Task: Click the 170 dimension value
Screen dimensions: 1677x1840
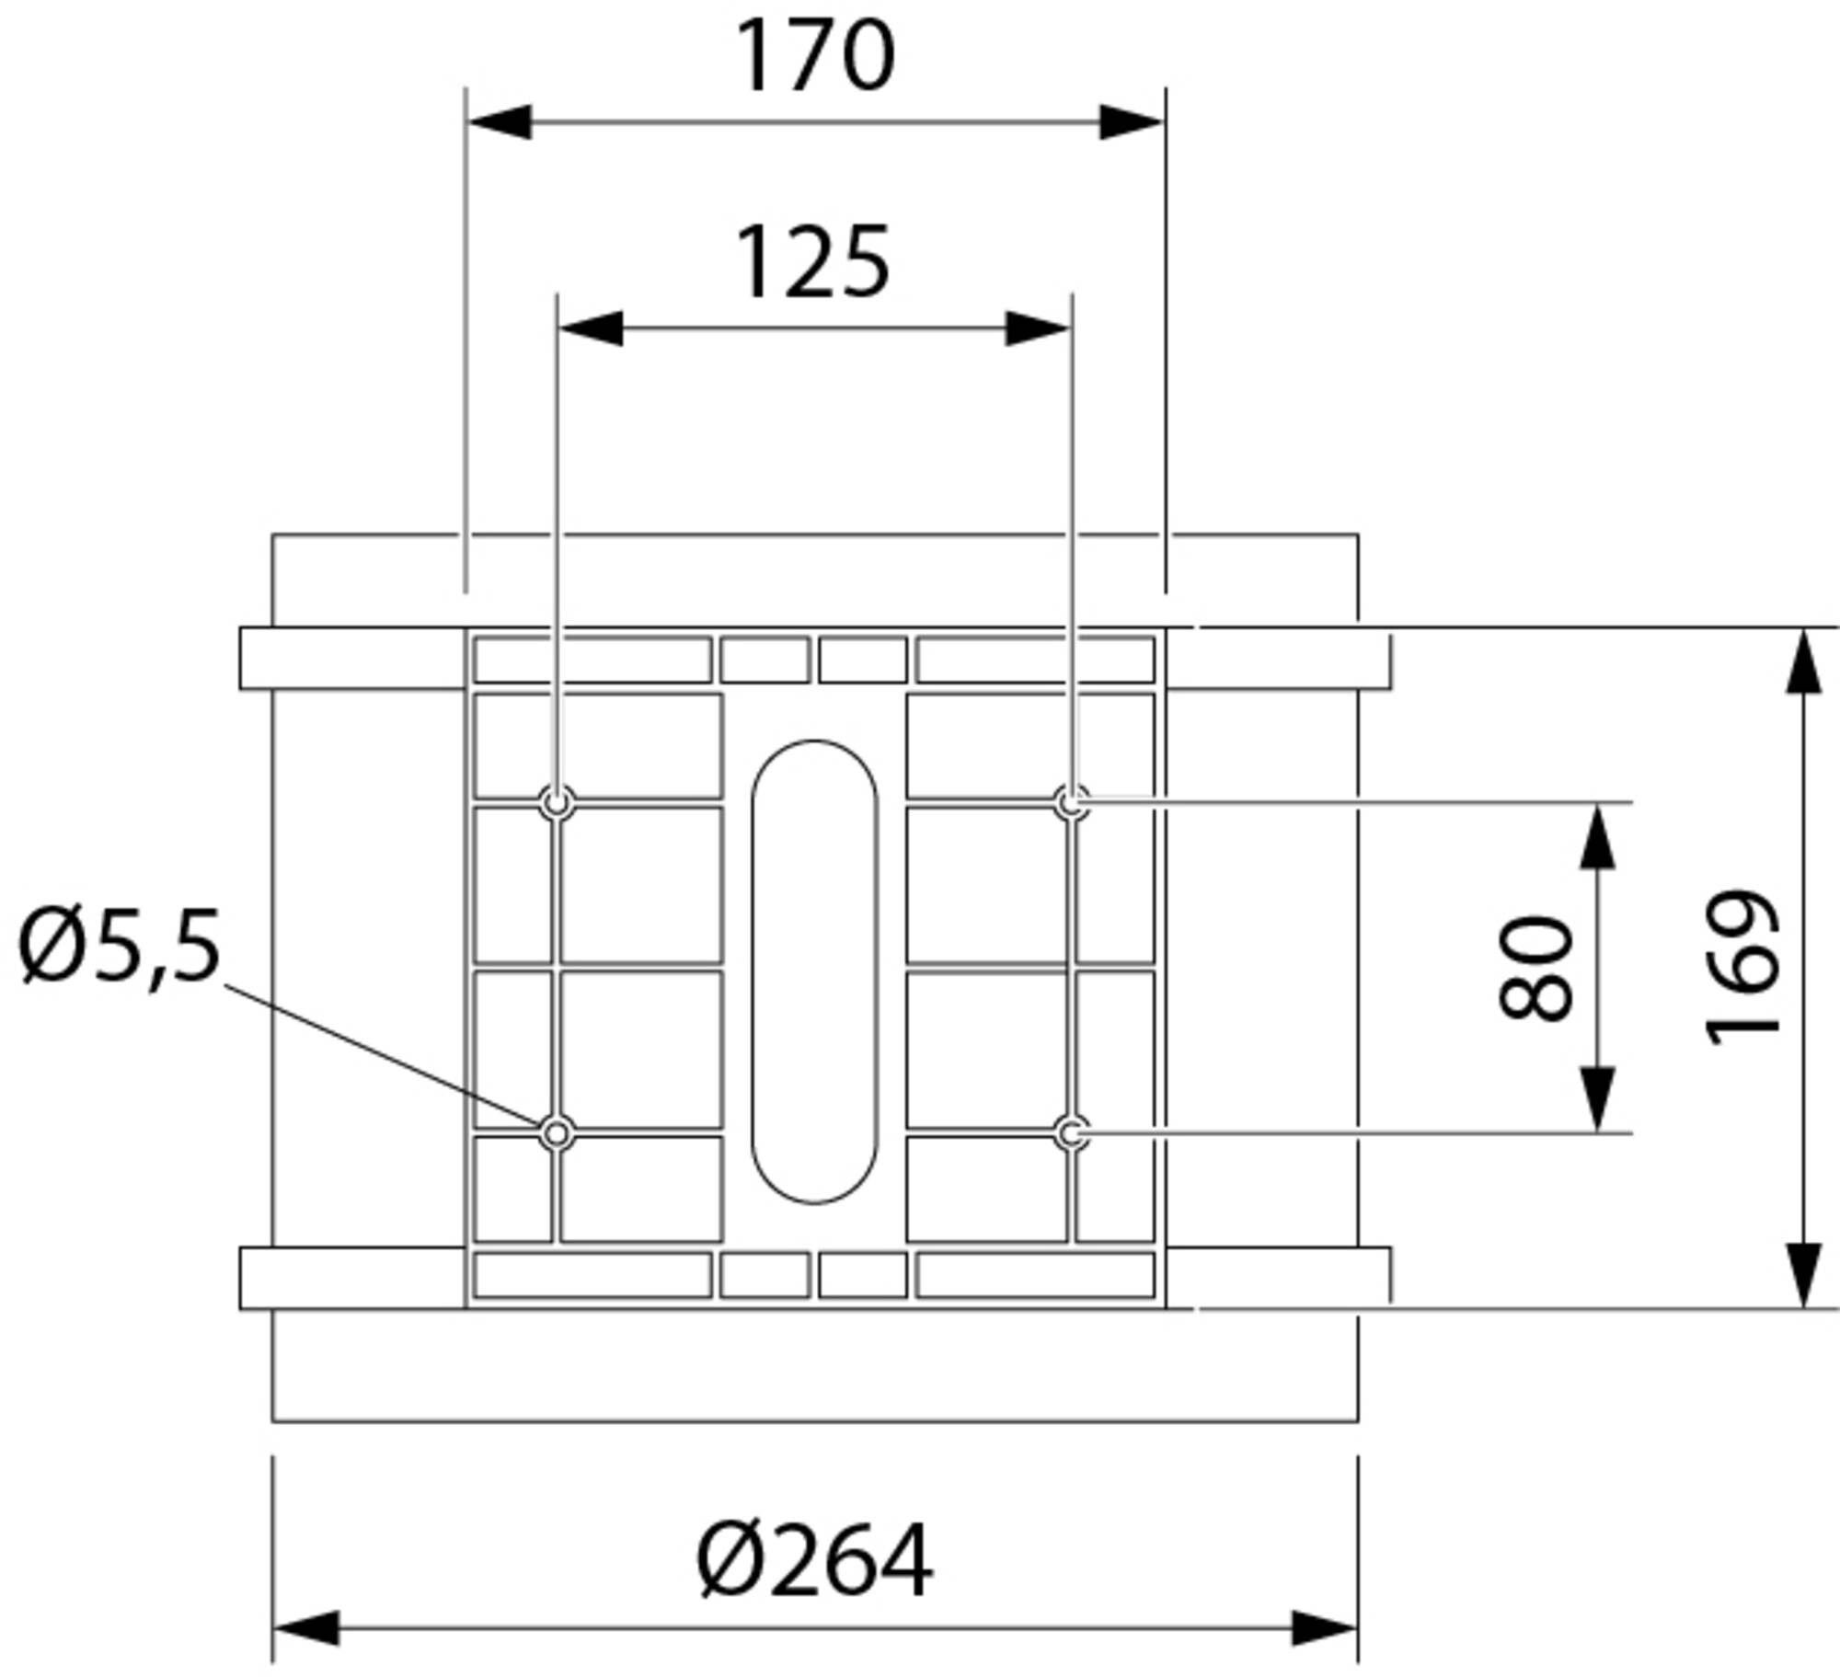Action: tap(815, 57)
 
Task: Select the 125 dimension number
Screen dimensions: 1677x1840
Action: tap(813, 264)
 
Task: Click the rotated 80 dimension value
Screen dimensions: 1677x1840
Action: tap(1535, 967)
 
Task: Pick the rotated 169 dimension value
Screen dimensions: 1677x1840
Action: tap(1742, 967)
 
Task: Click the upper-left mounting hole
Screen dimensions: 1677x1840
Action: tap(557, 803)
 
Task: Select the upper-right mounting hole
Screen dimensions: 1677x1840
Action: tap(1071, 803)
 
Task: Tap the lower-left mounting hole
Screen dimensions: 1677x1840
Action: tap(557, 1133)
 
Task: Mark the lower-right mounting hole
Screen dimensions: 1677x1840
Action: tap(1071, 1133)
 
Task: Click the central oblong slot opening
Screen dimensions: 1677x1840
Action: tap(814, 971)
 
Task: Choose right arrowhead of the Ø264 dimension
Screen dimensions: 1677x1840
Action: tap(1324, 1628)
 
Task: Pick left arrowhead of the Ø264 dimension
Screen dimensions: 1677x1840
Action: tap(306, 1628)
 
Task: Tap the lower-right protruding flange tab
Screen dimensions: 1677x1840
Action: tap(1279, 1278)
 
